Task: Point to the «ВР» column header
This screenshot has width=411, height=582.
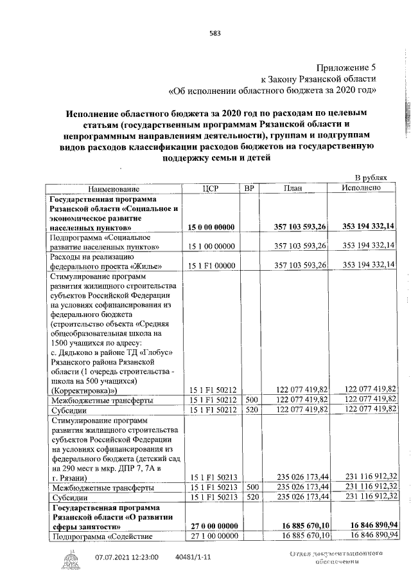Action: click(250, 188)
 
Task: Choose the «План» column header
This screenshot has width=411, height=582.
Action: click(293, 188)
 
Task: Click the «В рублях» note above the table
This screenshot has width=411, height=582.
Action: click(372, 177)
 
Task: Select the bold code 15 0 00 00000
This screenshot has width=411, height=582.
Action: click(211, 227)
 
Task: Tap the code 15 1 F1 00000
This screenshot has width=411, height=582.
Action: click(211, 266)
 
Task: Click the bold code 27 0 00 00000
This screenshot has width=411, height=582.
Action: click(211, 525)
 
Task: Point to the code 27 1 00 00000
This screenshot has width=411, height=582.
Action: click(211, 535)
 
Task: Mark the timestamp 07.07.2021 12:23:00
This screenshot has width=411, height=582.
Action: click(127, 557)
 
